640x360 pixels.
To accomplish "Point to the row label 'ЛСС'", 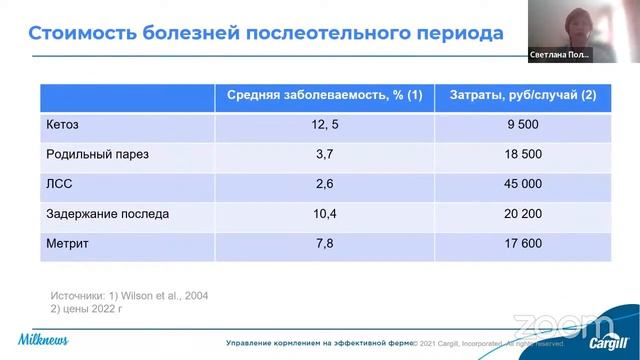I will (x=59, y=185).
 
